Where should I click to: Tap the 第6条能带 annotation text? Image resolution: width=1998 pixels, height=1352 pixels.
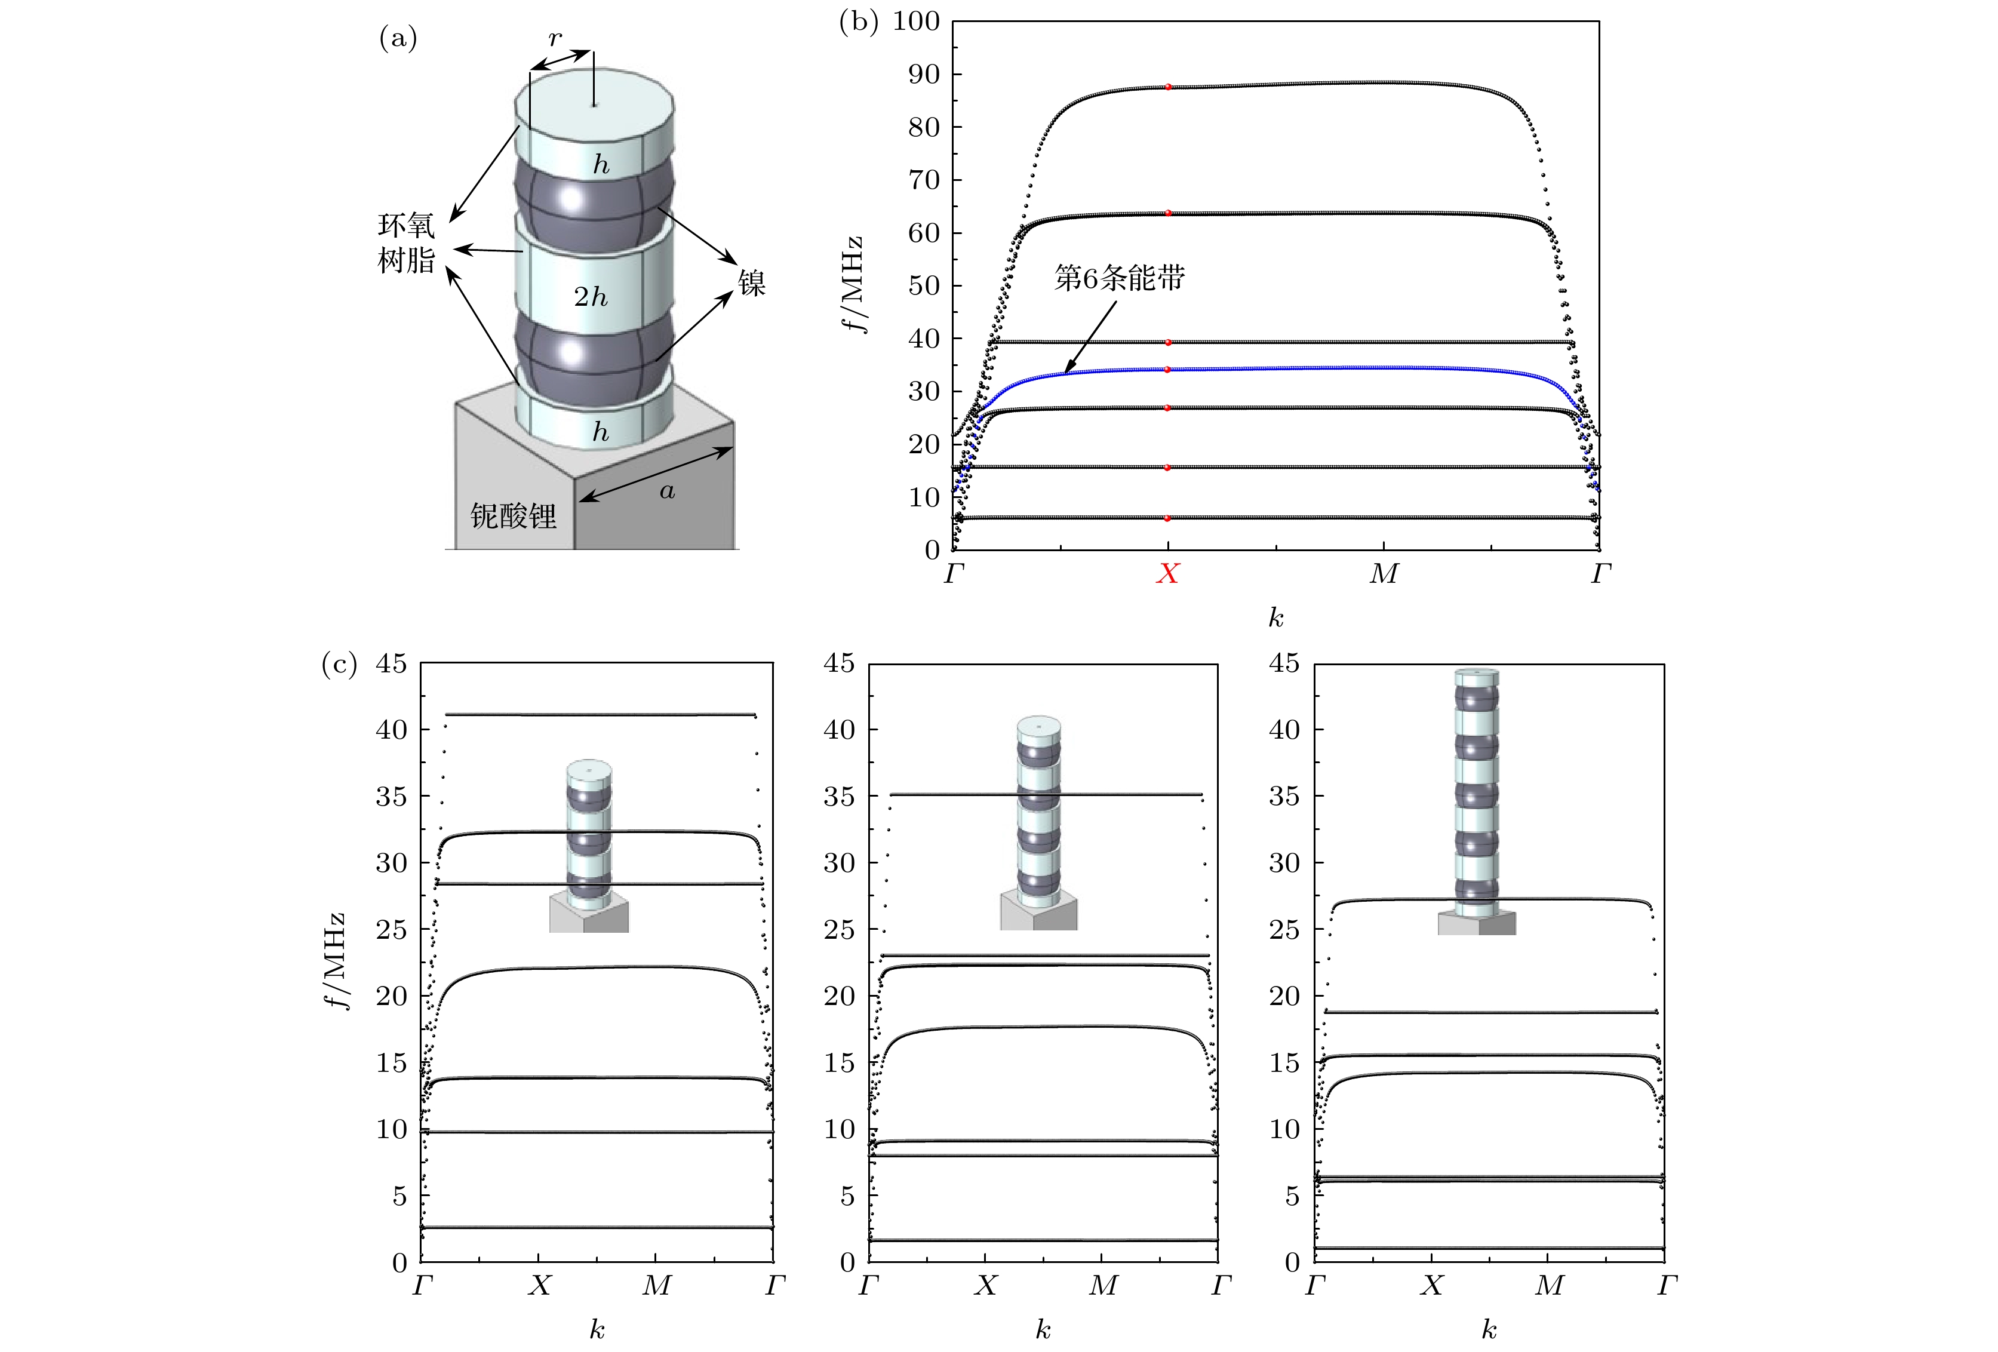[1120, 278]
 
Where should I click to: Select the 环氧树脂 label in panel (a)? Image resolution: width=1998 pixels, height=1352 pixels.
[407, 244]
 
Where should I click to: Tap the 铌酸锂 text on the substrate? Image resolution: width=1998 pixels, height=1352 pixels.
[514, 516]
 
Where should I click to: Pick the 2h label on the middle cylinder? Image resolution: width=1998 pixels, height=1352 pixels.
[591, 297]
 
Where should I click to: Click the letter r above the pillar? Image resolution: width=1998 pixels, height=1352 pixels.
[555, 39]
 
